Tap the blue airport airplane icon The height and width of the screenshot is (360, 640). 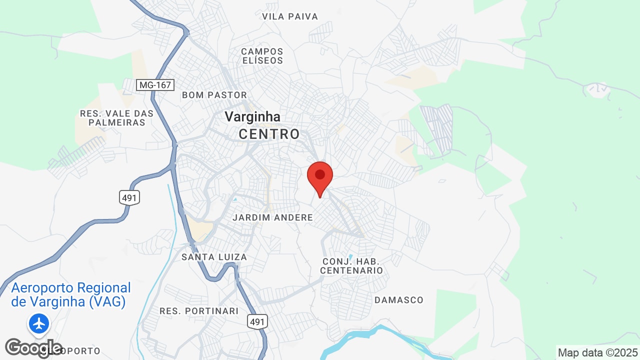pos(38,323)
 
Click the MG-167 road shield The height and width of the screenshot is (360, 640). pos(155,85)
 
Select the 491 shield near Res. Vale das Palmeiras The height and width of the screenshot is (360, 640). pos(129,198)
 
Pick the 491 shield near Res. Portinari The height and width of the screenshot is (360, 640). pos(257,322)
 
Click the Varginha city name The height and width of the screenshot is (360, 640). pos(252,116)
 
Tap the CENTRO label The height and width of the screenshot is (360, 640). pos(269,134)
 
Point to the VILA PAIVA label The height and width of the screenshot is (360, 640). pos(290,16)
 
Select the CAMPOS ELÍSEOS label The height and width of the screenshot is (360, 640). pos(262,56)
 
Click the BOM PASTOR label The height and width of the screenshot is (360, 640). pos(214,95)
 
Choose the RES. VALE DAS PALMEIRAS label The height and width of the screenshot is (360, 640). pos(116,118)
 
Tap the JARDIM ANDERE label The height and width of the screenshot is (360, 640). pos(273,217)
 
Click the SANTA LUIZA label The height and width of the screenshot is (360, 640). pos(214,257)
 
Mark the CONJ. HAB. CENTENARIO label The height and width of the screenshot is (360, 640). pos(351,266)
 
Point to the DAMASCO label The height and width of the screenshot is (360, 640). pos(399,300)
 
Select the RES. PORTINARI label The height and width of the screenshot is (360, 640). pos(199,311)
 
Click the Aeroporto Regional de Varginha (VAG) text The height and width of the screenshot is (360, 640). pos(70,295)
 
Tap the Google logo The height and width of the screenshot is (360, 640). pos(33,348)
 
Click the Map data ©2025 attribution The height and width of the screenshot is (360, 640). pos(598,352)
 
